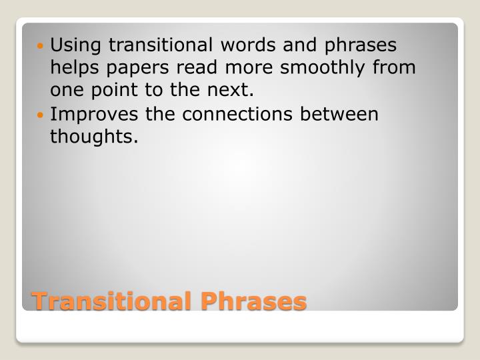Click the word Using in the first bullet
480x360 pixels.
click(77, 45)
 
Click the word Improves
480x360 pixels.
click(95, 114)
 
